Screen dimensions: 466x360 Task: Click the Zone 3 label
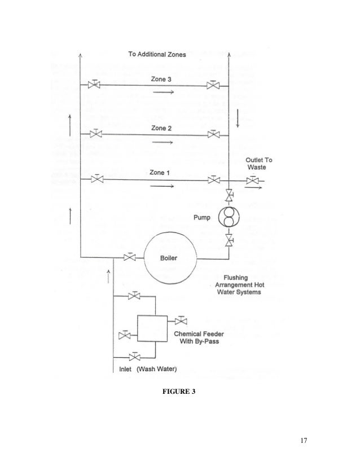pos(161,80)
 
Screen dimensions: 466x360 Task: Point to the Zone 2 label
pos(161,128)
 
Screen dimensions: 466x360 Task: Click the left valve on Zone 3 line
pos(95,85)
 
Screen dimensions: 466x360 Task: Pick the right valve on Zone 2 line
pos(213,134)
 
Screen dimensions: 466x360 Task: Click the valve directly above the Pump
pos(229,196)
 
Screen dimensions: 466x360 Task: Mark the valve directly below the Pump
pos(229,241)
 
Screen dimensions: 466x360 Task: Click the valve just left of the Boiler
pos(130,258)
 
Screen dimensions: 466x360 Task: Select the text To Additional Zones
pos(156,55)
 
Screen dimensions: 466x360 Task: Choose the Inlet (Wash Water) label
pos(148,370)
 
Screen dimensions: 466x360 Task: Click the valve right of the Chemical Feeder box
pos(181,321)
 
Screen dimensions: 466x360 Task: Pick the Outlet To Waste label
pos(258,164)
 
